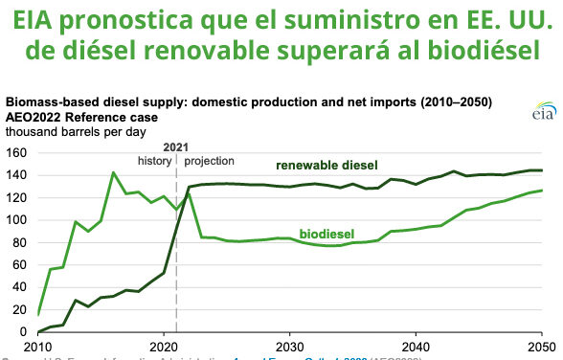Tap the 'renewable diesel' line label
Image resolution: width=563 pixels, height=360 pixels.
[x=326, y=166]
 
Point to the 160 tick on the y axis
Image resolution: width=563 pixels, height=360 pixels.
[x=15, y=153]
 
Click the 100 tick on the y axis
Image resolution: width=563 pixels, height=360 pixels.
[x=15, y=220]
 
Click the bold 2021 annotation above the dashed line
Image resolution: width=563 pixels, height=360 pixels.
[x=176, y=146]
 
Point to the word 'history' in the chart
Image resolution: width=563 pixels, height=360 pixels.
[x=155, y=161]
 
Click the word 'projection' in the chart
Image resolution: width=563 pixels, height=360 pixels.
[x=209, y=161]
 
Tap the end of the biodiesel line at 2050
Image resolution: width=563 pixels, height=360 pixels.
[x=542, y=191]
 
